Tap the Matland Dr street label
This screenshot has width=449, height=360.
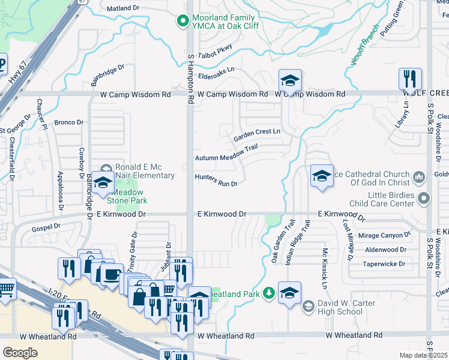coord(122,9)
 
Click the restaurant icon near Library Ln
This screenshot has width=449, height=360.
coord(410,79)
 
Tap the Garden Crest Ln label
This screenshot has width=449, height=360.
coord(257,131)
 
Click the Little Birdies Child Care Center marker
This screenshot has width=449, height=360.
coord(424,197)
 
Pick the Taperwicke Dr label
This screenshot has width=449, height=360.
coord(385,263)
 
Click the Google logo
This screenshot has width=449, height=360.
coord(19,353)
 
